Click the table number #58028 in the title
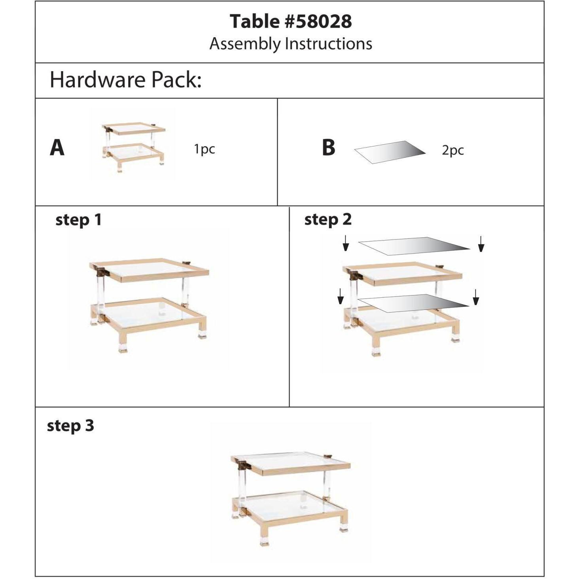coord(318,21)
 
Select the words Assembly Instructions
coord(291,44)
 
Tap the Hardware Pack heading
coord(125,79)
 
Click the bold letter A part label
coord(57,148)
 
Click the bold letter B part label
coord(328,148)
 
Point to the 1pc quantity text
coord(204,149)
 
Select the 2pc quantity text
coord(452,150)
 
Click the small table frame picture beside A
coord(133,147)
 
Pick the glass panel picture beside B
coord(390,152)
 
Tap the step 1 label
coord(78,220)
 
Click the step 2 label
coord(328,219)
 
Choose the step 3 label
coord(70,426)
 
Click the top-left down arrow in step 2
coord(346,243)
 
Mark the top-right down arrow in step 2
coord(481,244)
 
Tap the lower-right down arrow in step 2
coord(476,297)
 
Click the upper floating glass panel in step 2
coord(414,246)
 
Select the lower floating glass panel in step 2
coord(414,303)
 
